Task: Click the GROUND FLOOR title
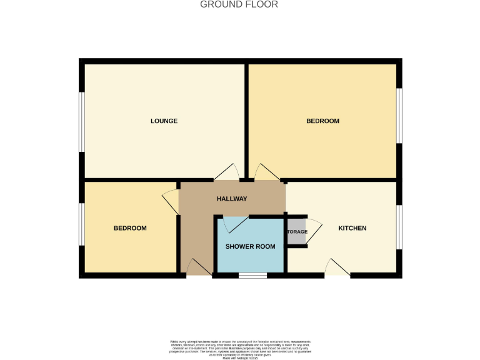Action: [239, 4]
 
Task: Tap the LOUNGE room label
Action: [164, 121]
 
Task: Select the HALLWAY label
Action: [232, 199]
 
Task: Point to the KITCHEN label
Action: [352, 228]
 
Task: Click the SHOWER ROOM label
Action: [250, 246]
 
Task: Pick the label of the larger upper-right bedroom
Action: [322, 121]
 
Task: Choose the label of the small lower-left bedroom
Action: [130, 228]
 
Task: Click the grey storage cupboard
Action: [296, 231]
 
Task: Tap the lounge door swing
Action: [227, 172]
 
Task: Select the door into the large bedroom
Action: [265, 172]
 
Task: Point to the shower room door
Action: [235, 223]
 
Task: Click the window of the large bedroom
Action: [400, 116]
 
